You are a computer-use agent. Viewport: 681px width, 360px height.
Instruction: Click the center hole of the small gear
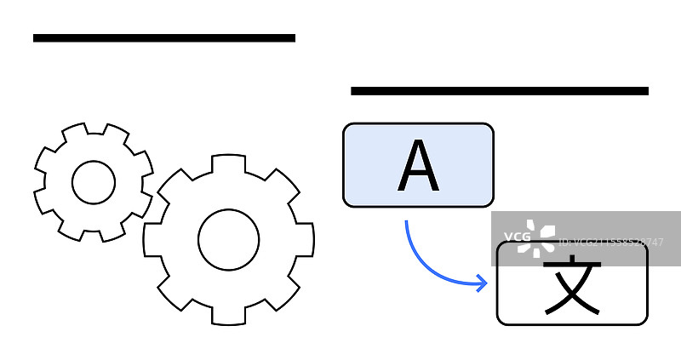point(94,182)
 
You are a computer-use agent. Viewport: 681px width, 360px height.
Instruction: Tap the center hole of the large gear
point(228,239)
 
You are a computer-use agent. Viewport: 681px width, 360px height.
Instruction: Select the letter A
point(418,167)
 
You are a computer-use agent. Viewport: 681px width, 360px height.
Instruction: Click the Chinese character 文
point(572,284)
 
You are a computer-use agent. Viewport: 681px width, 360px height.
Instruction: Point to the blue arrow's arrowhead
point(484,283)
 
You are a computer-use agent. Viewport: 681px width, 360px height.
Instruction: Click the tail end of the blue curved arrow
point(406,223)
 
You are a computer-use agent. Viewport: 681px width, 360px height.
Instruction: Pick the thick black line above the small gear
point(164,37)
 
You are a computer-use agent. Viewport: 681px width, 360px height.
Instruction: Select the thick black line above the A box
point(500,90)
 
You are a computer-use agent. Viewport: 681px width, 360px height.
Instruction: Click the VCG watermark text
point(518,237)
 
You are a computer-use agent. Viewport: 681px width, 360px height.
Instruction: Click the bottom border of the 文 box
point(572,324)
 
